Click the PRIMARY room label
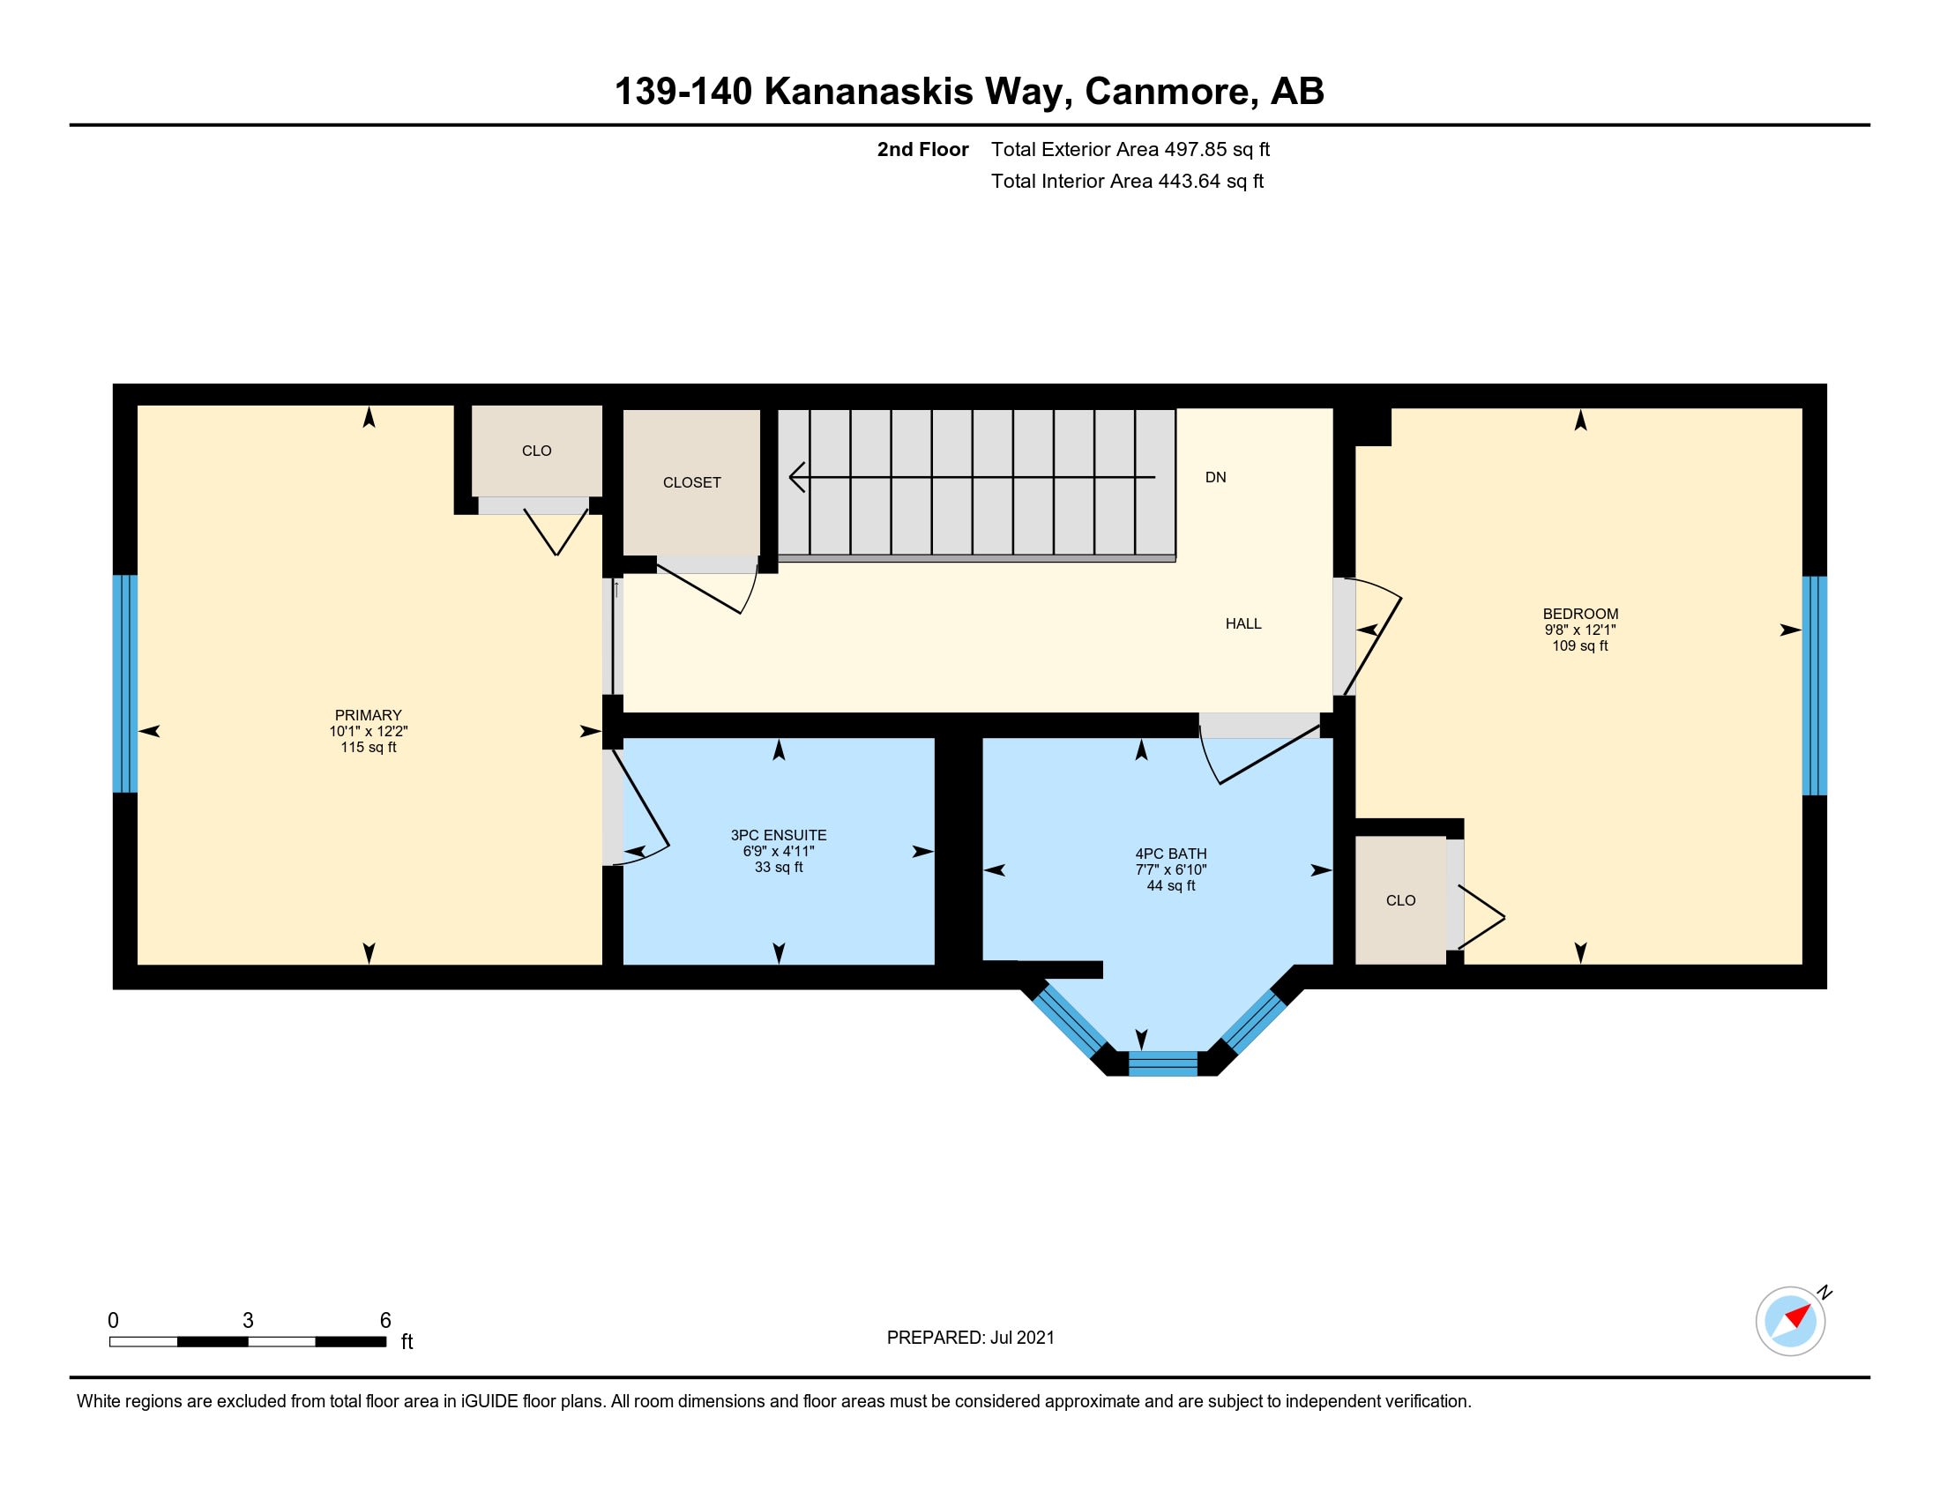tap(368, 715)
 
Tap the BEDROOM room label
tap(1580, 614)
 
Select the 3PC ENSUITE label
tap(778, 835)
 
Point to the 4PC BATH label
tap(1171, 854)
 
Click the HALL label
tap(1243, 623)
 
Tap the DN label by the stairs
tap(1215, 477)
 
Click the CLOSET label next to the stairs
tap(692, 482)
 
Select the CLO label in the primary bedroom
tap(536, 451)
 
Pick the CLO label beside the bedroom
tap(1401, 900)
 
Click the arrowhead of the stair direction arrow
tap(797, 477)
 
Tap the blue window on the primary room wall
tap(125, 682)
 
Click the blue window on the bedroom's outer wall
tap(1814, 685)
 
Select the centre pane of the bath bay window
tap(1163, 1063)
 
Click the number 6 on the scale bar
tap(385, 1321)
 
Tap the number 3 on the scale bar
tap(248, 1321)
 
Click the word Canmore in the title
tap(1170, 92)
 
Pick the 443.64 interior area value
tap(1189, 181)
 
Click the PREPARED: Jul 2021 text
tap(970, 1338)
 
